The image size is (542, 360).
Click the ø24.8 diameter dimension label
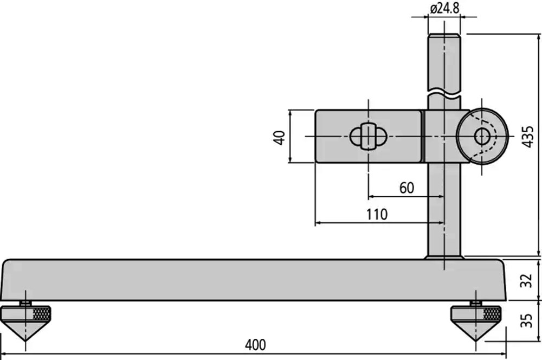pos(445,8)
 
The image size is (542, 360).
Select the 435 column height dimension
pos(528,137)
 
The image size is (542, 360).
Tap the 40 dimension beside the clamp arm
pos(279,137)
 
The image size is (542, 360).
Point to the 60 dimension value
pos(406,188)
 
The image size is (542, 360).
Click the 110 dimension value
pos(377,214)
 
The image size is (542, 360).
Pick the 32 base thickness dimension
pos(526,280)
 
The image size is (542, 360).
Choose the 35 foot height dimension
pos(526,320)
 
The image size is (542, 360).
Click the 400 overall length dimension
pos(255,345)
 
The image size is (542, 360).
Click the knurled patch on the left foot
pos(42,314)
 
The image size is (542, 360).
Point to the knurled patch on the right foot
pos(492,314)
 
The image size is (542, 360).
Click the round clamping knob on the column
pos(482,136)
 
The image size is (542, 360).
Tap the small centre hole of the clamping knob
pos(482,136)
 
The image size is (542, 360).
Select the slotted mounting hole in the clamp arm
pos(368,137)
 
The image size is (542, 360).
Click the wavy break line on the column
pos(444,93)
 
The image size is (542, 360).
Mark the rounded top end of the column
pos(444,36)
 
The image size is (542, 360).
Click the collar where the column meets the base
pos(444,258)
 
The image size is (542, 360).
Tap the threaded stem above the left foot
pos(25,303)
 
